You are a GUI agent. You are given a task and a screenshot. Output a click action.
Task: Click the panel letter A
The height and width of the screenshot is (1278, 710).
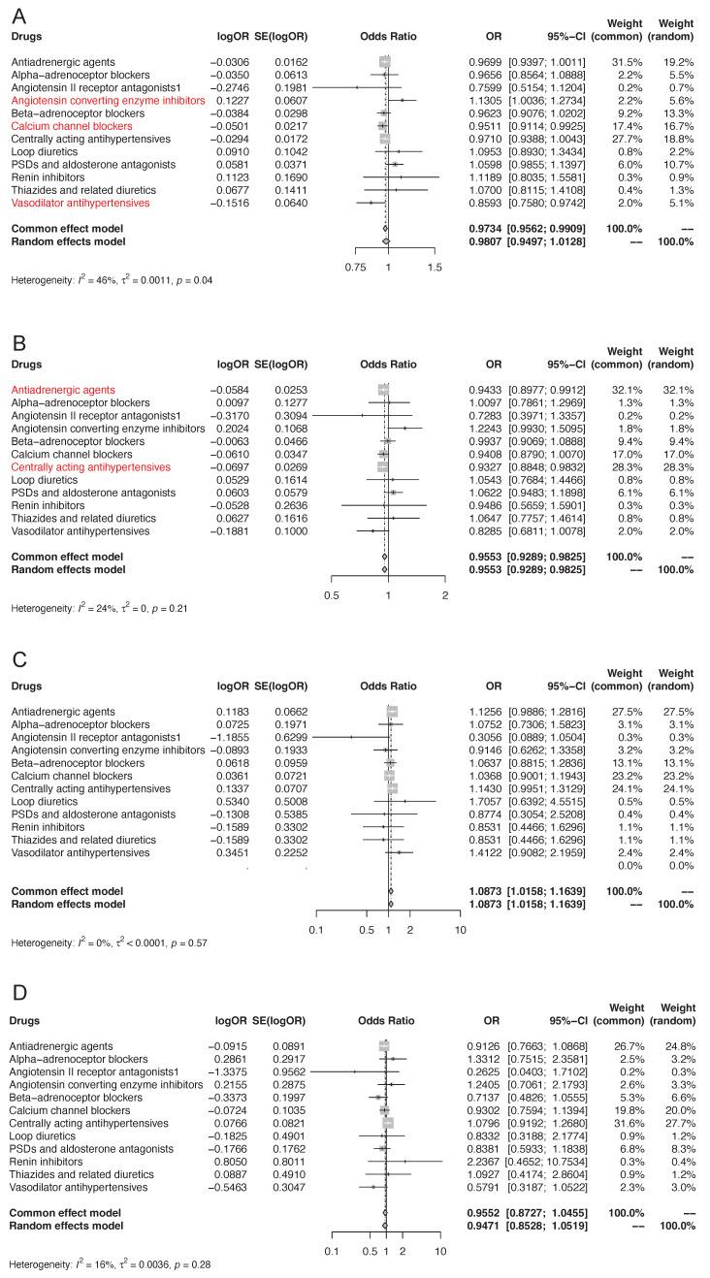pyautogui.click(x=16, y=15)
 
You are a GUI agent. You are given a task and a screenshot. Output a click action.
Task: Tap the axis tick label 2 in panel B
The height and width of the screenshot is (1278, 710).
pyautogui.click(x=444, y=593)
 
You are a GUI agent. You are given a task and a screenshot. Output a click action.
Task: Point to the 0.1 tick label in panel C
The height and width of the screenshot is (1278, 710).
pyautogui.click(x=315, y=928)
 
